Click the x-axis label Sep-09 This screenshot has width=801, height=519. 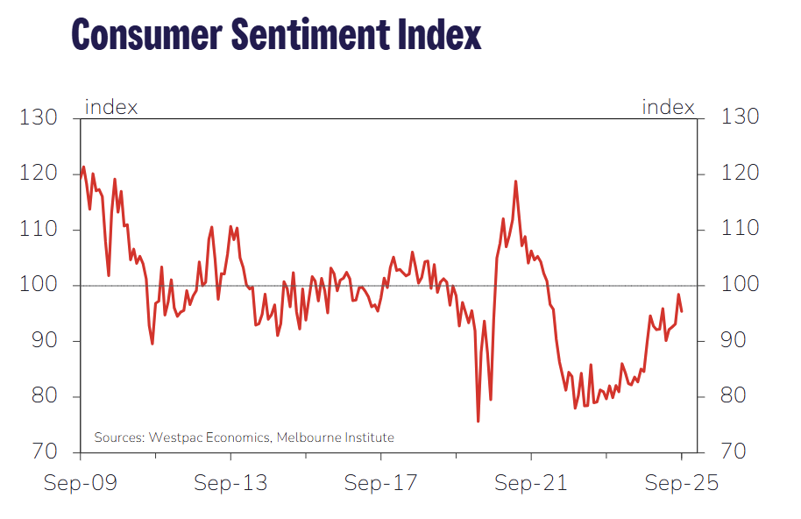tap(81, 483)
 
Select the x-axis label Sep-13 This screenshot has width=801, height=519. tap(230, 483)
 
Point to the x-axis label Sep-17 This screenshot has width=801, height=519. tap(381, 483)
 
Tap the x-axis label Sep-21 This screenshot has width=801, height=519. tap(531, 483)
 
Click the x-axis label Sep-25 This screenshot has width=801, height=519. tap(681, 483)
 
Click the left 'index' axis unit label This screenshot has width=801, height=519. tap(111, 108)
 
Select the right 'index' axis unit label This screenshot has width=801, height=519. tap(668, 108)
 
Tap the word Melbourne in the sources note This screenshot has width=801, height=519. tap(308, 437)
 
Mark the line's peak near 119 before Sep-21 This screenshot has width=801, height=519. tap(515, 181)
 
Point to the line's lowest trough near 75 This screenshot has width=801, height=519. tap(478, 422)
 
